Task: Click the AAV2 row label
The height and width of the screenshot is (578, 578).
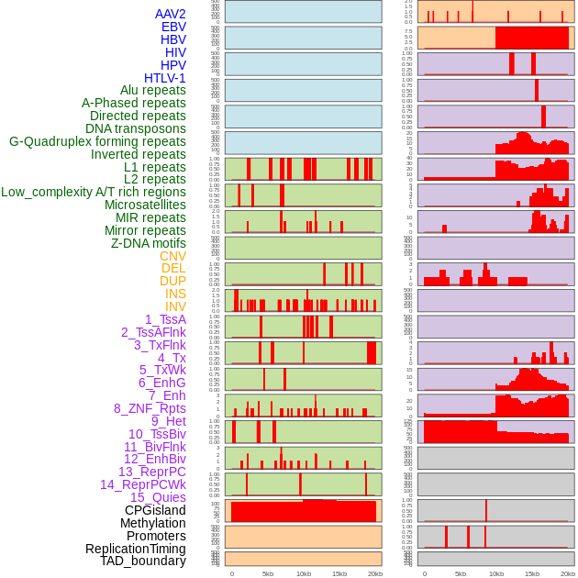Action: [x=170, y=14]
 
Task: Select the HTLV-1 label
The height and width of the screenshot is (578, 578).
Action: [x=164, y=78]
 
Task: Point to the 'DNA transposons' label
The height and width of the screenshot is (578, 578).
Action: [x=136, y=128]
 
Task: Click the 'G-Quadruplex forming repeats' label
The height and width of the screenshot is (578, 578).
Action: [x=97, y=141]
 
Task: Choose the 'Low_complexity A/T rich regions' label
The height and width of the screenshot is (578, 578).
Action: [x=94, y=192]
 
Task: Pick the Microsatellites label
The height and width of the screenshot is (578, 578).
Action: [x=145, y=205]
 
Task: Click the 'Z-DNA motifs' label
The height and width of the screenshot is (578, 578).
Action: [x=148, y=243]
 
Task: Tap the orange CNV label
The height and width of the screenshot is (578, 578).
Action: [x=172, y=256]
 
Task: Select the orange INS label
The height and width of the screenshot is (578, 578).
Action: [x=175, y=294]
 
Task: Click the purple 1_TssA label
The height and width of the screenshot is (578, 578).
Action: [x=165, y=319]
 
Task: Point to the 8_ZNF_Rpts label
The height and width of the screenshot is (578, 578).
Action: [x=150, y=408]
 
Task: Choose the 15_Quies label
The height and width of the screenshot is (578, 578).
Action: [x=157, y=497]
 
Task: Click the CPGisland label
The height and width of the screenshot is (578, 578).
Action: [x=155, y=510]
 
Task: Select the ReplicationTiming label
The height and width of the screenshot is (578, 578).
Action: [x=135, y=549]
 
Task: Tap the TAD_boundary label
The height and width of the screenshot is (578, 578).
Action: [x=142, y=561]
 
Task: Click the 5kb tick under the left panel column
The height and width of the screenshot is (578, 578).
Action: [x=268, y=573]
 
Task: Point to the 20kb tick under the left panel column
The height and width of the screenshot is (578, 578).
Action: [x=374, y=573]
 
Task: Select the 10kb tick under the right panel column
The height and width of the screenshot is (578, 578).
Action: [x=496, y=573]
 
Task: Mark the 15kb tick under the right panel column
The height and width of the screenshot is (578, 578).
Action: [x=532, y=573]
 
